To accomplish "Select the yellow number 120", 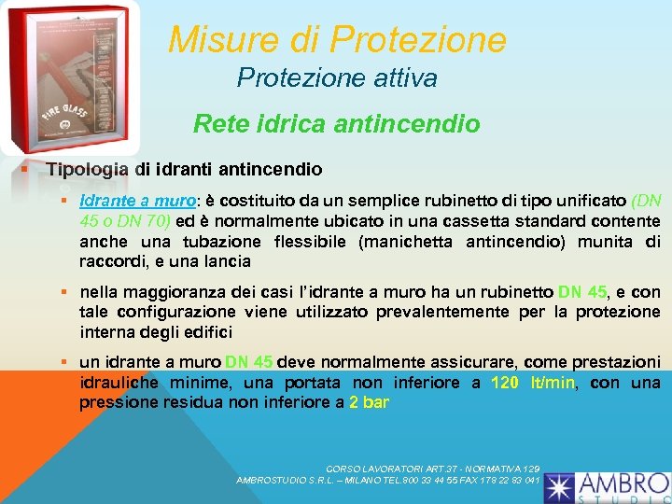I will (x=505, y=383).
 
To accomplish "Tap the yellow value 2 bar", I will (x=369, y=403).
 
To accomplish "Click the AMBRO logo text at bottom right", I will (x=623, y=484).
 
